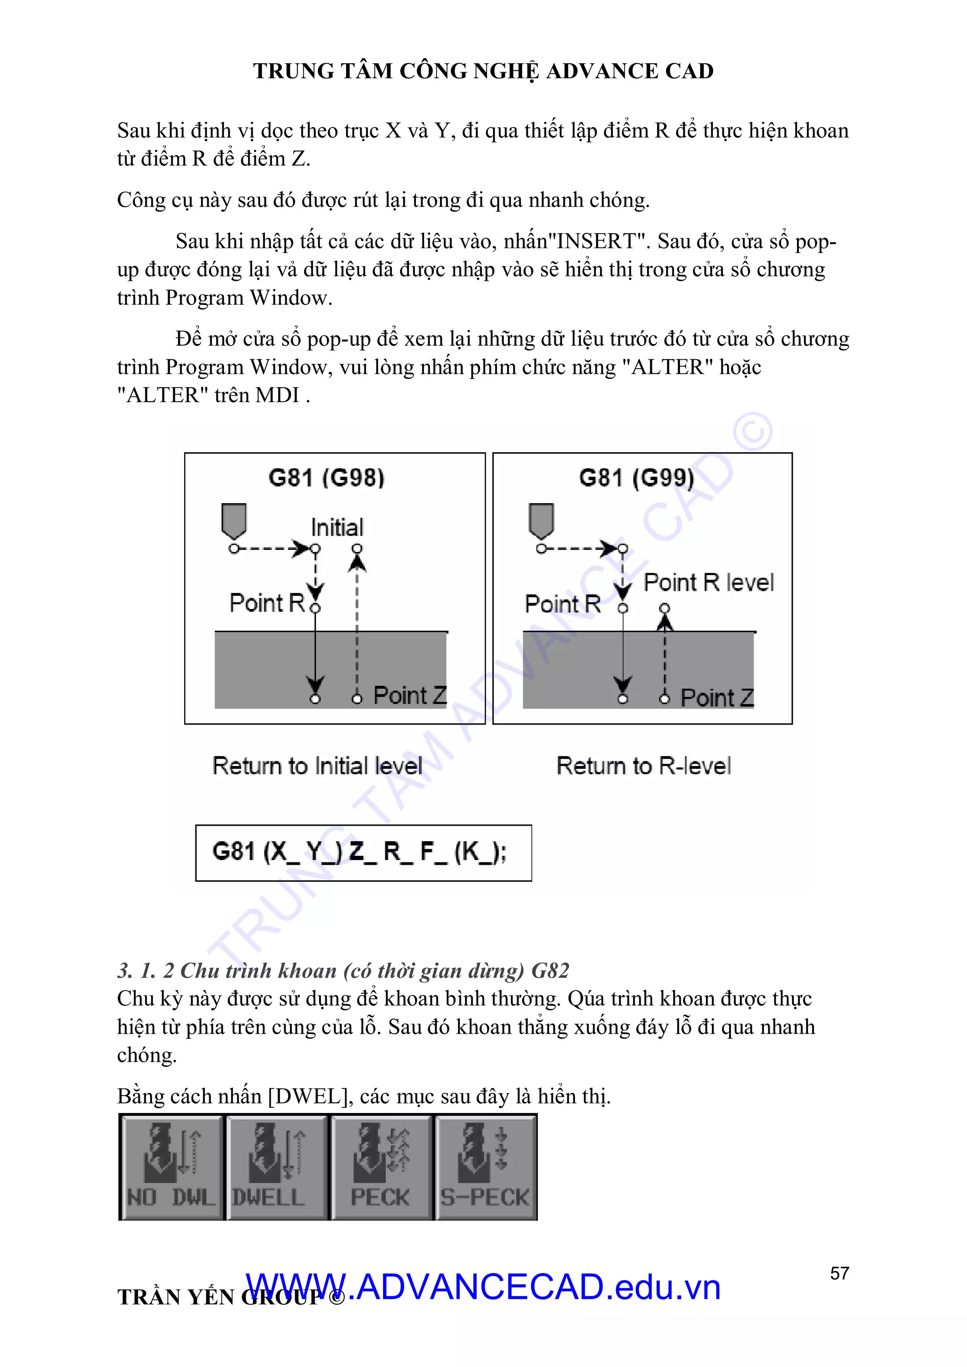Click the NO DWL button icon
(x=171, y=1167)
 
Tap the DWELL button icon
(x=276, y=1167)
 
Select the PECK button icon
(x=381, y=1167)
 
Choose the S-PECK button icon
(x=486, y=1167)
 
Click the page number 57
(x=839, y=1273)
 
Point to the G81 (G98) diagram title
(x=326, y=478)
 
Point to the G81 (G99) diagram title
(x=636, y=478)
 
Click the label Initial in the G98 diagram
(x=337, y=528)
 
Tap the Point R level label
(x=709, y=582)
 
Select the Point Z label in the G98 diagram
(x=410, y=695)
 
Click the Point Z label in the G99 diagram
(x=717, y=697)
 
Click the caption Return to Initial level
(x=317, y=766)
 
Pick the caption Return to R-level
(x=644, y=766)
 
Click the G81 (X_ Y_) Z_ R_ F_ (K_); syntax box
(x=363, y=852)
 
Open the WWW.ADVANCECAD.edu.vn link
(x=483, y=1287)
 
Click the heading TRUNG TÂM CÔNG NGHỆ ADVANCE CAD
(x=483, y=71)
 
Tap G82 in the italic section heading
(x=550, y=970)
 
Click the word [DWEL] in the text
(x=308, y=1096)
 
